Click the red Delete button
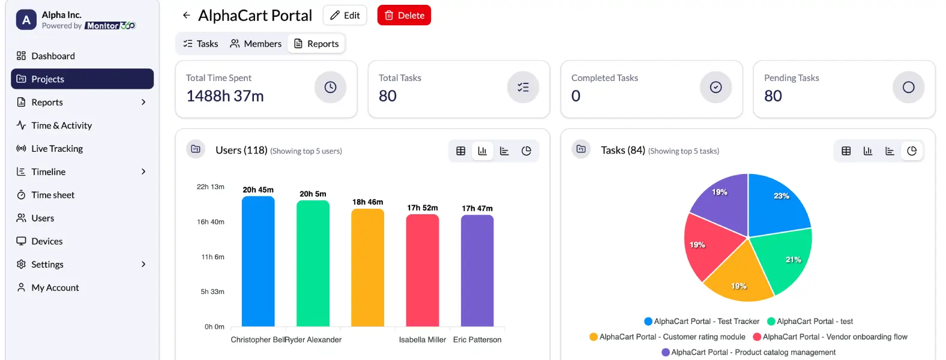[x=404, y=16]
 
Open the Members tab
[x=256, y=44]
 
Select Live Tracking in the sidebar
[x=57, y=149]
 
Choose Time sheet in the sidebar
[x=53, y=195]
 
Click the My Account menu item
[x=55, y=288]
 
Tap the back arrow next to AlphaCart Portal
[x=187, y=16]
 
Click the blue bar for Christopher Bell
[x=258, y=262]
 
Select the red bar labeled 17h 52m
[x=423, y=270]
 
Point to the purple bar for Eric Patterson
[x=477, y=270]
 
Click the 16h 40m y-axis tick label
[x=211, y=222]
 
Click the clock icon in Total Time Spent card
[x=330, y=88]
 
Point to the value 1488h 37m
[x=225, y=96]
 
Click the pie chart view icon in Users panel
[x=526, y=151]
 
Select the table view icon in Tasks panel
[x=846, y=151]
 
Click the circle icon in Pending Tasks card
[x=908, y=88]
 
